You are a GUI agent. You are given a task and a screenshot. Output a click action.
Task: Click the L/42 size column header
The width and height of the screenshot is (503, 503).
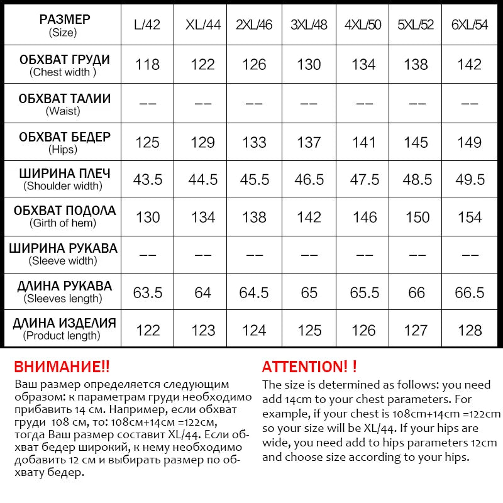point(148,26)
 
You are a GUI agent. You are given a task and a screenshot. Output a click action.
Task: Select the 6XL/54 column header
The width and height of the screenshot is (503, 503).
point(470,26)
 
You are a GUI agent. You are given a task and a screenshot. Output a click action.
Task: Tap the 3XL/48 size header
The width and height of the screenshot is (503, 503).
point(309,26)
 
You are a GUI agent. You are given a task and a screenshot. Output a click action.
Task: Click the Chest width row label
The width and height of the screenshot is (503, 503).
point(64,65)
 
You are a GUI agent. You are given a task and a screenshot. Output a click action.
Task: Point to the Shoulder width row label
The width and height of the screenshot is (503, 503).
point(64,179)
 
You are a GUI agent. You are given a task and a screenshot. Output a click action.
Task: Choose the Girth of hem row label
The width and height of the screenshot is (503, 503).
point(64,216)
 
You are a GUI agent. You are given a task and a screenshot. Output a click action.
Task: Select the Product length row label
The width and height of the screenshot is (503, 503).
point(64,329)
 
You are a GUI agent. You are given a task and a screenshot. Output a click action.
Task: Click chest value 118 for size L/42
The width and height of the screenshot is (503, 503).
point(148,65)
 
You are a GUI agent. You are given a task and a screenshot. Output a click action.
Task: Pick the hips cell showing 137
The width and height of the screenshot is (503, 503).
point(309,142)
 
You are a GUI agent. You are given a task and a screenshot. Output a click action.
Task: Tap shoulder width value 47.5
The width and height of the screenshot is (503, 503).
point(364,180)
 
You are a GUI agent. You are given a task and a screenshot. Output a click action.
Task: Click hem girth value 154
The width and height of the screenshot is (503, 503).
point(470,218)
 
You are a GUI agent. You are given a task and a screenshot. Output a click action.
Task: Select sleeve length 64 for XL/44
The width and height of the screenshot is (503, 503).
point(202,293)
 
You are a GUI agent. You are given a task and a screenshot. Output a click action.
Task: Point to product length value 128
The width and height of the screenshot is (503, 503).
point(470,331)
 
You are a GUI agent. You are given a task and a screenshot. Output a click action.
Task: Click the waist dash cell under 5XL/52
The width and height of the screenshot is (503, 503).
point(417,103)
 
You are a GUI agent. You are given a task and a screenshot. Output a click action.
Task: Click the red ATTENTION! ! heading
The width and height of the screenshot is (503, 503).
point(309,367)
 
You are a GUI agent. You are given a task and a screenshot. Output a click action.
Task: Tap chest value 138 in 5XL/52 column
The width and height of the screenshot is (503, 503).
point(417,65)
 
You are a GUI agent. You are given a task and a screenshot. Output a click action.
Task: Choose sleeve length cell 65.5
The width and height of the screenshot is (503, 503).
point(364,293)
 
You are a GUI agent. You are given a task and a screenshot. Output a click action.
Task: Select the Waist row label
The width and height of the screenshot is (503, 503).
point(64,104)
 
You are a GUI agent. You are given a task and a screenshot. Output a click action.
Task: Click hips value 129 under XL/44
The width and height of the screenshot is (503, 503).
point(202,142)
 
